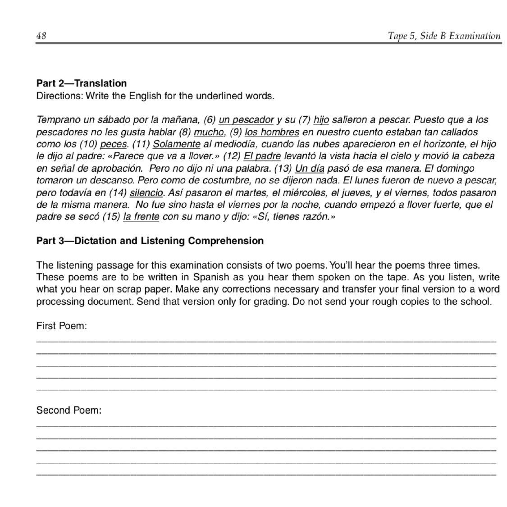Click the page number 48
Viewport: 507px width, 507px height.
[41, 36]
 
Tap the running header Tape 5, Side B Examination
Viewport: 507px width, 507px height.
[444, 36]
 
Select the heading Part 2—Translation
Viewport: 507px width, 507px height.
[82, 83]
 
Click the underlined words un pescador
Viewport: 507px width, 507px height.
[246, 120]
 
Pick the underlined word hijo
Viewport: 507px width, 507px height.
[321, 120]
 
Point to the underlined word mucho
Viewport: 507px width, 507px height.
[208, 132]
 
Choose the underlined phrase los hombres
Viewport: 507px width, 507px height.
[272, 132]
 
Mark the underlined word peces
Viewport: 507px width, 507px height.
[113, 144]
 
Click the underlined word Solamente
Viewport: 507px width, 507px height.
[177, 144]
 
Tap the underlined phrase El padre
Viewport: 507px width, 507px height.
[262, 156]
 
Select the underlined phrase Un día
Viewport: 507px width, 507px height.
[310, 169]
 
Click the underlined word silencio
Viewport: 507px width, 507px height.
[146, 193]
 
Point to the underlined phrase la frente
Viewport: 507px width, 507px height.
[141, 217]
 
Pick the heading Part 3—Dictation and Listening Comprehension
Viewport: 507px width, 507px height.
[150, 241]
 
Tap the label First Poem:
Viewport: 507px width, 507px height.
[61, 326]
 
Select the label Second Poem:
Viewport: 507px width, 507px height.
[69, 411]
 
